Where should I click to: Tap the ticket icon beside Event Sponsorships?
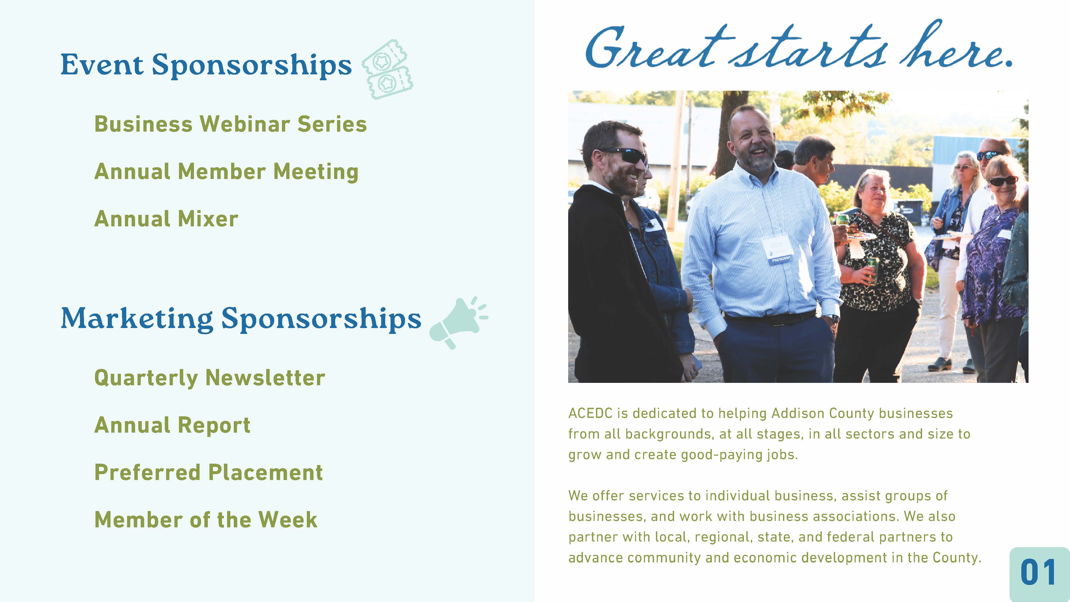387,69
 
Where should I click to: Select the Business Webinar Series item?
231,124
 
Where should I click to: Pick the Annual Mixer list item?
166,219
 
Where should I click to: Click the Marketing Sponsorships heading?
241,319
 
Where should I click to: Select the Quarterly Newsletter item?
209,378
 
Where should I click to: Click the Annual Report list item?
172,425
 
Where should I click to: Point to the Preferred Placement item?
209,473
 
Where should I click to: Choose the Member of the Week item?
206,520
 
